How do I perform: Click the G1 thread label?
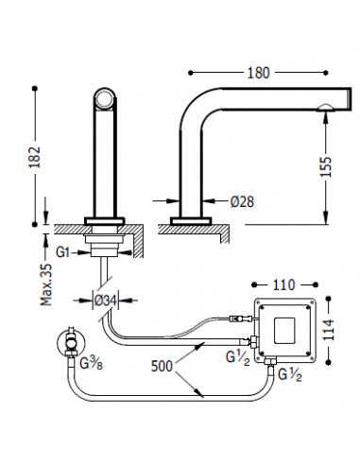coord(64,252)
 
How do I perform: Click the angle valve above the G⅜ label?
coord(70,341)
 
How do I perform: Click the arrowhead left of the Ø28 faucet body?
coord(169,201)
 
